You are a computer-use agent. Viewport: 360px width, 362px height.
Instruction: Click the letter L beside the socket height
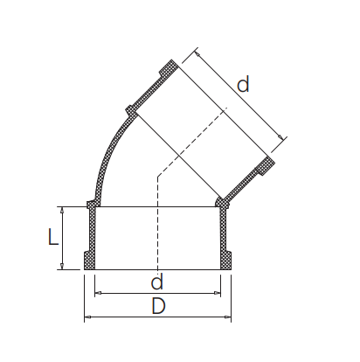53,237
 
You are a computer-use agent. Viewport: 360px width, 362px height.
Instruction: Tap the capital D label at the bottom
158,307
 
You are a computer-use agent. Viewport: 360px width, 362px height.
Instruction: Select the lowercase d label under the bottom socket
157,282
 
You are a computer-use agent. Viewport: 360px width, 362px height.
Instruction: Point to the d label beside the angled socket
244,85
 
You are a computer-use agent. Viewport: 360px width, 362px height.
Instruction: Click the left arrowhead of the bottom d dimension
97,293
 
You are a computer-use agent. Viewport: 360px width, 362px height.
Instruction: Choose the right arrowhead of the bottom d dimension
218,293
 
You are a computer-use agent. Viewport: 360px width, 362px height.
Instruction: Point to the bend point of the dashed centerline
157,178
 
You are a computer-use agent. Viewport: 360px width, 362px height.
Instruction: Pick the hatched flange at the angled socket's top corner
168,69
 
